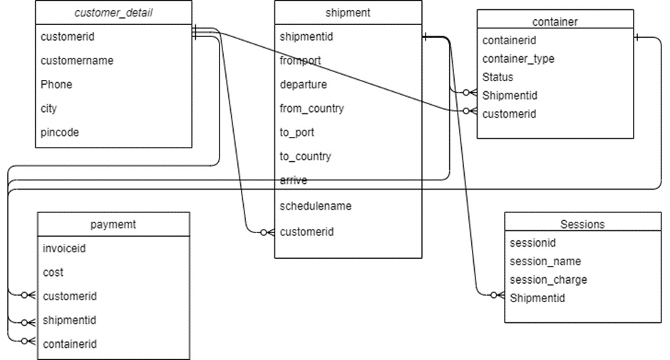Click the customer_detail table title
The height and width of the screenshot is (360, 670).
tap(114, 13)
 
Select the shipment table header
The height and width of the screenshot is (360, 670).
tap(348, 13)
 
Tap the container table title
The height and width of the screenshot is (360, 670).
tap(555, 21)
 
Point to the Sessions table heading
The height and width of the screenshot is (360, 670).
tap(582, 224)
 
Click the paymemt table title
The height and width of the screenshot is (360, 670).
tap(113, 225)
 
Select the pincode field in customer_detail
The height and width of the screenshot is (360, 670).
tap(60, 132)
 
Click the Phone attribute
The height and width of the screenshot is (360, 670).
tap(56, 84)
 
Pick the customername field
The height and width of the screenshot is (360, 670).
tap(77, 61)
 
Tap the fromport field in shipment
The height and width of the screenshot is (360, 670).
tap(300, 61)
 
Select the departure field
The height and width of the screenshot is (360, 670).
tap(304, 84)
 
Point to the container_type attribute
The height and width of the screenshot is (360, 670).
tap(518, 58)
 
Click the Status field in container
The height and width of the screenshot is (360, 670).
tap(498, 77)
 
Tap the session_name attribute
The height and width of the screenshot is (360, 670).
tap(545, 261)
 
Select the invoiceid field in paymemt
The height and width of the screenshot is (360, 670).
tap(64, 249)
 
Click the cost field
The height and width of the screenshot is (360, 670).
tap(53, 272)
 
